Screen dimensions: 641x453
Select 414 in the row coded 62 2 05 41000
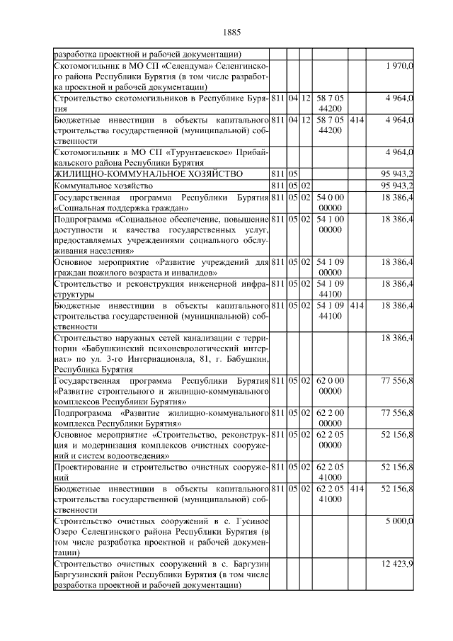pos(357,489)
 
